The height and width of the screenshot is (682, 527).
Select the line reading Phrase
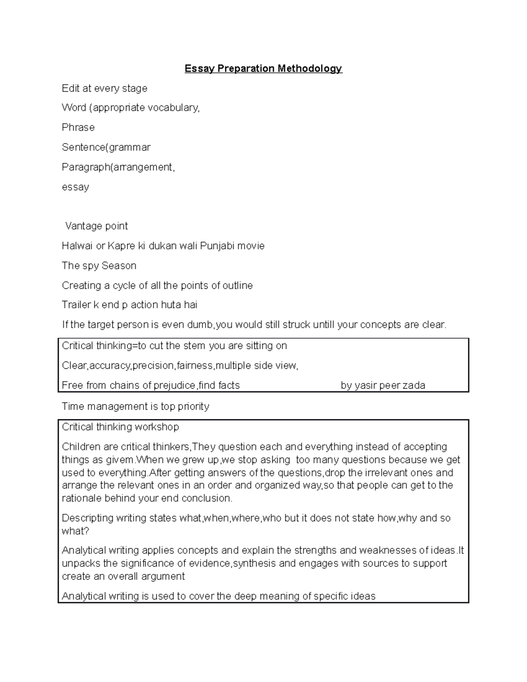(x=78, y=127)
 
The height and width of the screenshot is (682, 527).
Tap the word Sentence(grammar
(x=106, y=147)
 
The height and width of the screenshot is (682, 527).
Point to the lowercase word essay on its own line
(x=75, y=187)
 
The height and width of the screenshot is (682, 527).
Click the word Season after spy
(x=119, y=266)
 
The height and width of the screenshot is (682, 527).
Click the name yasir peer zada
(x=383, y=386)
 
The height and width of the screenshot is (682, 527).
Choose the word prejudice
(x=174, y=386)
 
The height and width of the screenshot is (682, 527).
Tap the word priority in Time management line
(x=193, y=406)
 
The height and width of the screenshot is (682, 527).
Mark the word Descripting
(x=87, y=518)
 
